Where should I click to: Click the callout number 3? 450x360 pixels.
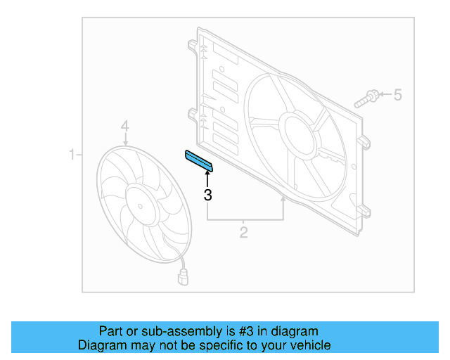207,195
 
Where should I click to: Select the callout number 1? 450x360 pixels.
72,154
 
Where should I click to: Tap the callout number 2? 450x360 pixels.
243,232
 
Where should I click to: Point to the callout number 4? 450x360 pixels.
124,127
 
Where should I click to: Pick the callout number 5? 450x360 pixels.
397,94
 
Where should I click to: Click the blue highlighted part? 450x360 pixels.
198,160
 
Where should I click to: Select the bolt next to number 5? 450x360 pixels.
367,97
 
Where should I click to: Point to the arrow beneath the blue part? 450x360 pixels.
207,179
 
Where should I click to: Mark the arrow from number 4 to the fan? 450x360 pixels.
125,139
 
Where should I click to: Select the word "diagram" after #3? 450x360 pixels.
293,331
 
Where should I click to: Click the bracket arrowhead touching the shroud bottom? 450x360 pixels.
283,202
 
